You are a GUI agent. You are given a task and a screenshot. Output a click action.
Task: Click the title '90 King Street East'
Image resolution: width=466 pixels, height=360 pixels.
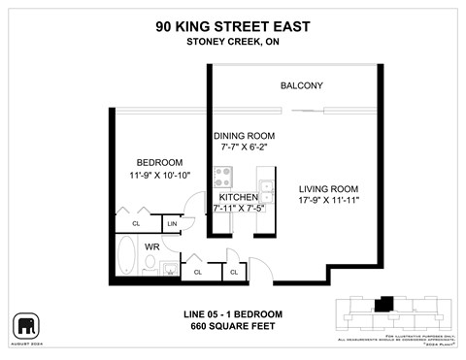232,27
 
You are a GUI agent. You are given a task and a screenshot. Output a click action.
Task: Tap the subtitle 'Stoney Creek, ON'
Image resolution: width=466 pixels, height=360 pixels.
232,42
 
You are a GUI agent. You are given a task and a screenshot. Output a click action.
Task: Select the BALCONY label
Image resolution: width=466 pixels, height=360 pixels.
301,86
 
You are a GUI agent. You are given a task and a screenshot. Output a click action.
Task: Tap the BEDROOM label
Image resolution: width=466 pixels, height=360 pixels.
159,162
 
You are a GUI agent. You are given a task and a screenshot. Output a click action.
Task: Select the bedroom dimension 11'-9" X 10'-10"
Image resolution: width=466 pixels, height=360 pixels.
159,175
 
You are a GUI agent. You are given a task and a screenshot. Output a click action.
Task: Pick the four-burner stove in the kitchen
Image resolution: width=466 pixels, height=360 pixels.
223,178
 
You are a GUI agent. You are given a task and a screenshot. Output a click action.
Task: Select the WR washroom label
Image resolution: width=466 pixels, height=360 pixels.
151,246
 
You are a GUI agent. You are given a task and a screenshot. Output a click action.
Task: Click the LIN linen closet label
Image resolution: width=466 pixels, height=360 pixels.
172,224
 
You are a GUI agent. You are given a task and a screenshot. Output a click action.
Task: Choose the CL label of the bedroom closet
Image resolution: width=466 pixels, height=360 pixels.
135,224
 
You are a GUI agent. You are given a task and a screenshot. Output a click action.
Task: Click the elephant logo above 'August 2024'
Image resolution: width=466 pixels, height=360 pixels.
24,324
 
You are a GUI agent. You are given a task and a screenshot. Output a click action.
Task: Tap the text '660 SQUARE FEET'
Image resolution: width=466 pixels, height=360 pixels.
232,326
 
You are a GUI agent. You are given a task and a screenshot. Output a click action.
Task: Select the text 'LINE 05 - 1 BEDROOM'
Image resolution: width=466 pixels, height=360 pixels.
232,313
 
